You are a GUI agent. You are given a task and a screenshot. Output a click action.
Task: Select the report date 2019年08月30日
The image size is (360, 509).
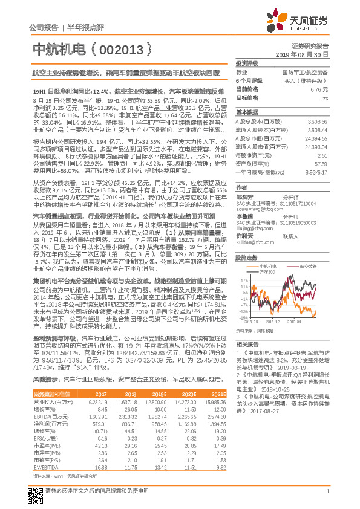click(306, 54)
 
